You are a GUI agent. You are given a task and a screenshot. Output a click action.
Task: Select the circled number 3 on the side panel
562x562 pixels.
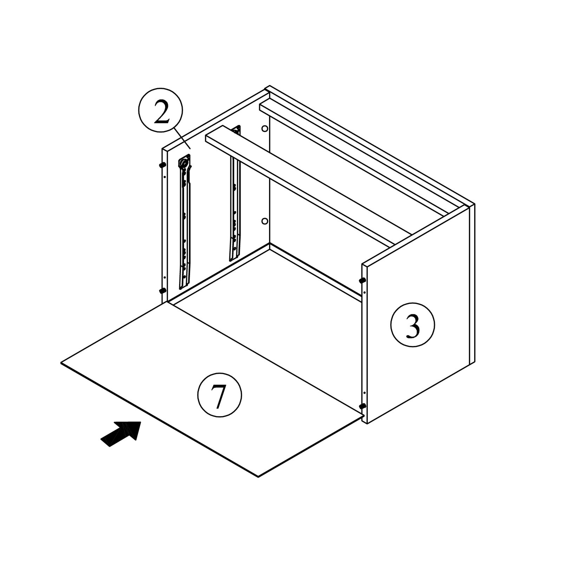(x=413, y=325)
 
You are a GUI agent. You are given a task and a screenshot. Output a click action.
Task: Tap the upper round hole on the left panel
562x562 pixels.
(x=265, y=129)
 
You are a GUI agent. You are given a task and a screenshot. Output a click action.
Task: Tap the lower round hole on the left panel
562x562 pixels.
(x=265, y=221)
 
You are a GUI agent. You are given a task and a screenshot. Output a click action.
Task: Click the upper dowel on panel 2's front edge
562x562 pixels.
(x=162, y=165)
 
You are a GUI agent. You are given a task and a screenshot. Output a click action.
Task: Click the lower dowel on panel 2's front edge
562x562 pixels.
(x=163, y=290)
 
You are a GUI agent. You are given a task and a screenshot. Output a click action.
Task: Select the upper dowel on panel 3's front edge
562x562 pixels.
(x=362, y=280)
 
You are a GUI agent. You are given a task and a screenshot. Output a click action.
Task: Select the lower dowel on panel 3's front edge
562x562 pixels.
(x=362, y=406)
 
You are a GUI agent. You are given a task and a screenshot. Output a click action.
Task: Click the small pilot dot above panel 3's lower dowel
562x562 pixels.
(x=365, y=393)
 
